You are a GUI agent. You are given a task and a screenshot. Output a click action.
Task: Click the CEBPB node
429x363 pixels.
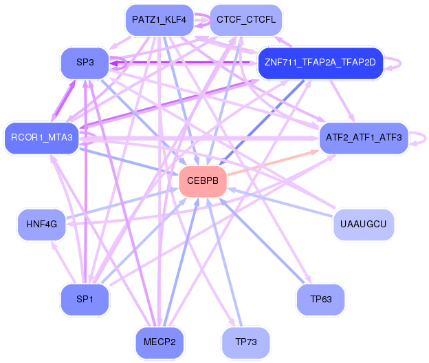point(203,181)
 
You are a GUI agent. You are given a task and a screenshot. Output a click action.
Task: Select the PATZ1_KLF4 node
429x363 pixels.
point(159,20)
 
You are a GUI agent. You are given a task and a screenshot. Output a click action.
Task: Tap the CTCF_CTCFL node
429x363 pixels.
point(245,20)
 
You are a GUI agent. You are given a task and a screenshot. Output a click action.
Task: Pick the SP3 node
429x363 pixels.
point(85,63)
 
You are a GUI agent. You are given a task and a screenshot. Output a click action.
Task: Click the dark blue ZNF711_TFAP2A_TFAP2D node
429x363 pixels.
point(320,63)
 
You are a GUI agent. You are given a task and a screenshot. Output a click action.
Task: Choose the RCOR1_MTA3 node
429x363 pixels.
point(41,138)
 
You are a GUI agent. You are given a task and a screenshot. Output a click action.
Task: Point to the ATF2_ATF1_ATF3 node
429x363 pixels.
point(364,138)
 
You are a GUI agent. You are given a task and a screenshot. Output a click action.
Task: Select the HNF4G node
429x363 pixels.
point(41,225)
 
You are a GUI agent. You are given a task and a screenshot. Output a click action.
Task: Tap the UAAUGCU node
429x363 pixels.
point(364,225)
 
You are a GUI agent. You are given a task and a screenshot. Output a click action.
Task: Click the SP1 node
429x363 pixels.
point(85,300)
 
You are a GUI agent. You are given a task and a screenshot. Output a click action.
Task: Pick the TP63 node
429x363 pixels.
point(320,300)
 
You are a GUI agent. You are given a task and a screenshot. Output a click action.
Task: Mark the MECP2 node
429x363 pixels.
point(159,342)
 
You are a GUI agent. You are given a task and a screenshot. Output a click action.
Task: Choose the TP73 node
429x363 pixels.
point(245,342)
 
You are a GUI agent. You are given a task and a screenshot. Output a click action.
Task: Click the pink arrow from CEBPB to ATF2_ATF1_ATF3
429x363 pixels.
point(273,162)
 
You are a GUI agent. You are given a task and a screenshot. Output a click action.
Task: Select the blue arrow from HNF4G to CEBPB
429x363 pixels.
point(122,203)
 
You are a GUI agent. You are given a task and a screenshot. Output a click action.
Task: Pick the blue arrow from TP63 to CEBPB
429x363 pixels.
point(261,240)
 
